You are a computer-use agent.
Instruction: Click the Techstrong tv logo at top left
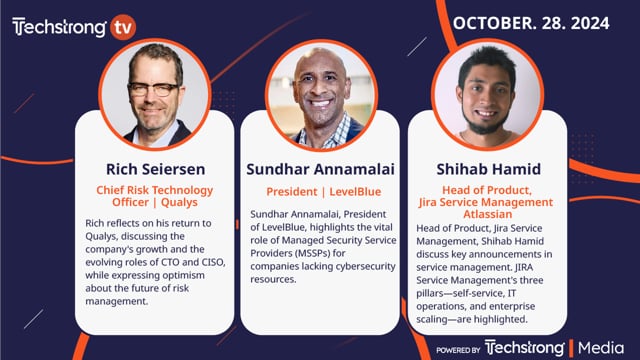coord(70,27)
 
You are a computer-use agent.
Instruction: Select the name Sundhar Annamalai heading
coord(321,167)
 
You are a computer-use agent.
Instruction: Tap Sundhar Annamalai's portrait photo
coord(321,96)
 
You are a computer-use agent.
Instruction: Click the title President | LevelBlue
coord(321,191)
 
